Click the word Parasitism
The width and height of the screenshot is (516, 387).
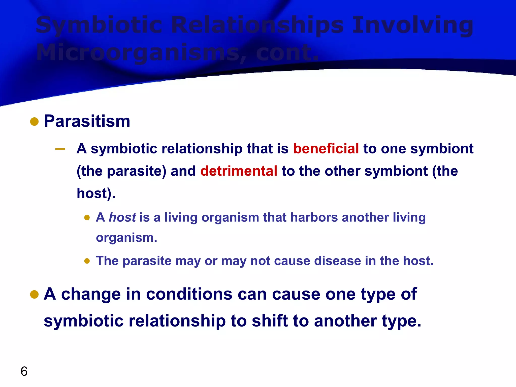click(x=87, y=121)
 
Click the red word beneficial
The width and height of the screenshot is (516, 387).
click(x=326, y=148)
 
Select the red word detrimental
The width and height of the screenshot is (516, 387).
click(x=239, y=171)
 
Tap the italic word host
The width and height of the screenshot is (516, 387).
click(x=122, y=217)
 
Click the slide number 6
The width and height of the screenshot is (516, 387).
click(x=24, y=371)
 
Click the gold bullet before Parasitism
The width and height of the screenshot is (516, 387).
click(x=34, y=122)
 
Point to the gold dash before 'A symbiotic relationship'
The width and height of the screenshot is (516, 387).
click(x=60, y=149)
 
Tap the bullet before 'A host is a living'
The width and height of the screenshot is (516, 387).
click(x=87, y=217)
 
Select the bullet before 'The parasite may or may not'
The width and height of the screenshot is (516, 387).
click(x=87, y=261)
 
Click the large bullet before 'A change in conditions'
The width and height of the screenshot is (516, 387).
click(x=34, y=294)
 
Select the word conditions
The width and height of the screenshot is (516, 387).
click(x=189, y=294)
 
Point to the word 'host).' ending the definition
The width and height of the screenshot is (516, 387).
click(x=96, y=193)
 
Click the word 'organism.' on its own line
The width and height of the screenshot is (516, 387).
click(x=126, y=238)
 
